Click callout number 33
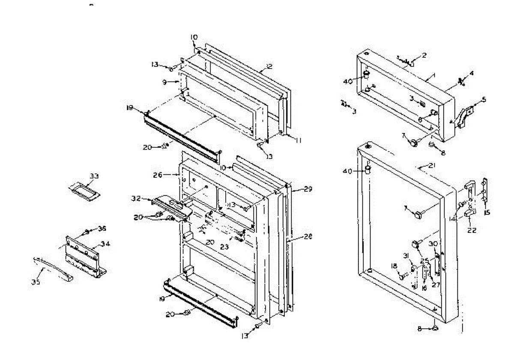coord(94,176)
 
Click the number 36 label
coord(102,229)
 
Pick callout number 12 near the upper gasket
coord(269,66)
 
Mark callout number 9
coord(171,80)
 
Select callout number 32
coord(136,199)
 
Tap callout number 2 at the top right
coord(424,55)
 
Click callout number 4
coord(472,73)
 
